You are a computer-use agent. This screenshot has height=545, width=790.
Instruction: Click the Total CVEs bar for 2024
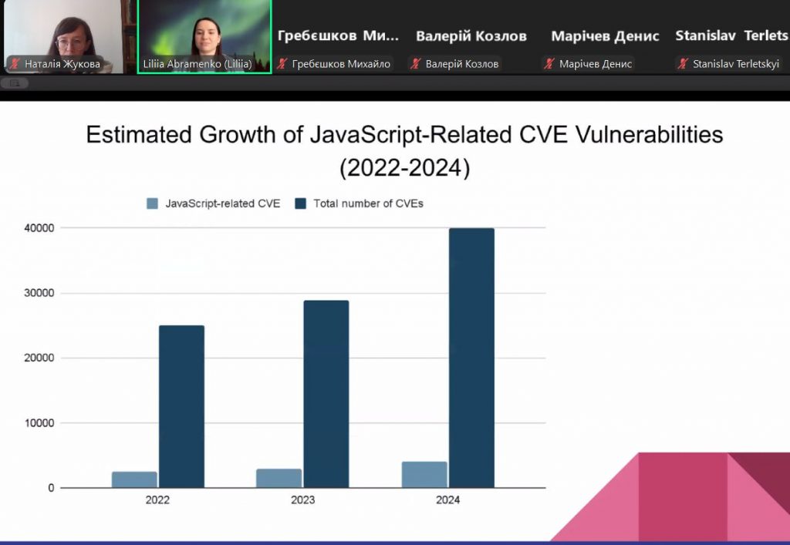click(471, 358)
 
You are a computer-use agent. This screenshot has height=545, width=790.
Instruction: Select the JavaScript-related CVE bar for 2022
click(134, 479)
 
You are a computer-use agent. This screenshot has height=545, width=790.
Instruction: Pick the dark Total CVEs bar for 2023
click(326, 393)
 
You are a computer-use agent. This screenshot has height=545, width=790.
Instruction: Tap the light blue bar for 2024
click(424, 474)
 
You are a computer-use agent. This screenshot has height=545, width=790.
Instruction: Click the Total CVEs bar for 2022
click(181, 406)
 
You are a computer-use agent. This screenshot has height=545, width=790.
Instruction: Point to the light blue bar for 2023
click(279, 478)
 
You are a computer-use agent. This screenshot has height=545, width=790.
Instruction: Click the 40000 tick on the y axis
click(39, 228)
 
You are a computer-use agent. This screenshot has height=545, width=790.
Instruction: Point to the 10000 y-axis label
click(39, 423)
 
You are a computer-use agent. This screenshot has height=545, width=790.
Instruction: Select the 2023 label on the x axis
click(302, 500)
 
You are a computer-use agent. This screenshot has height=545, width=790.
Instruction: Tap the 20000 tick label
click(39, 358)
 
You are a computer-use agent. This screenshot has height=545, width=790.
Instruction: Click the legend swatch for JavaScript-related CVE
click(152, 204)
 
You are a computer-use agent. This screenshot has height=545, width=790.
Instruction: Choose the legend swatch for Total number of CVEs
click(300, 204)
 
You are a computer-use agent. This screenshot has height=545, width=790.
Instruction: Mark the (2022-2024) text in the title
click(404, 168)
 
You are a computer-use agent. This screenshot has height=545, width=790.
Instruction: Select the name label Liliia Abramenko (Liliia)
click(197, 64)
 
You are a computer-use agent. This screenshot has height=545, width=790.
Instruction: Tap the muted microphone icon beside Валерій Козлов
click(416, 64)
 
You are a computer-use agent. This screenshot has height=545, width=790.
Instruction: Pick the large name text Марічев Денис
click(605, 36)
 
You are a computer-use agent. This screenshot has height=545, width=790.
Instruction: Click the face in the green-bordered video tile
click(207, 32)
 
